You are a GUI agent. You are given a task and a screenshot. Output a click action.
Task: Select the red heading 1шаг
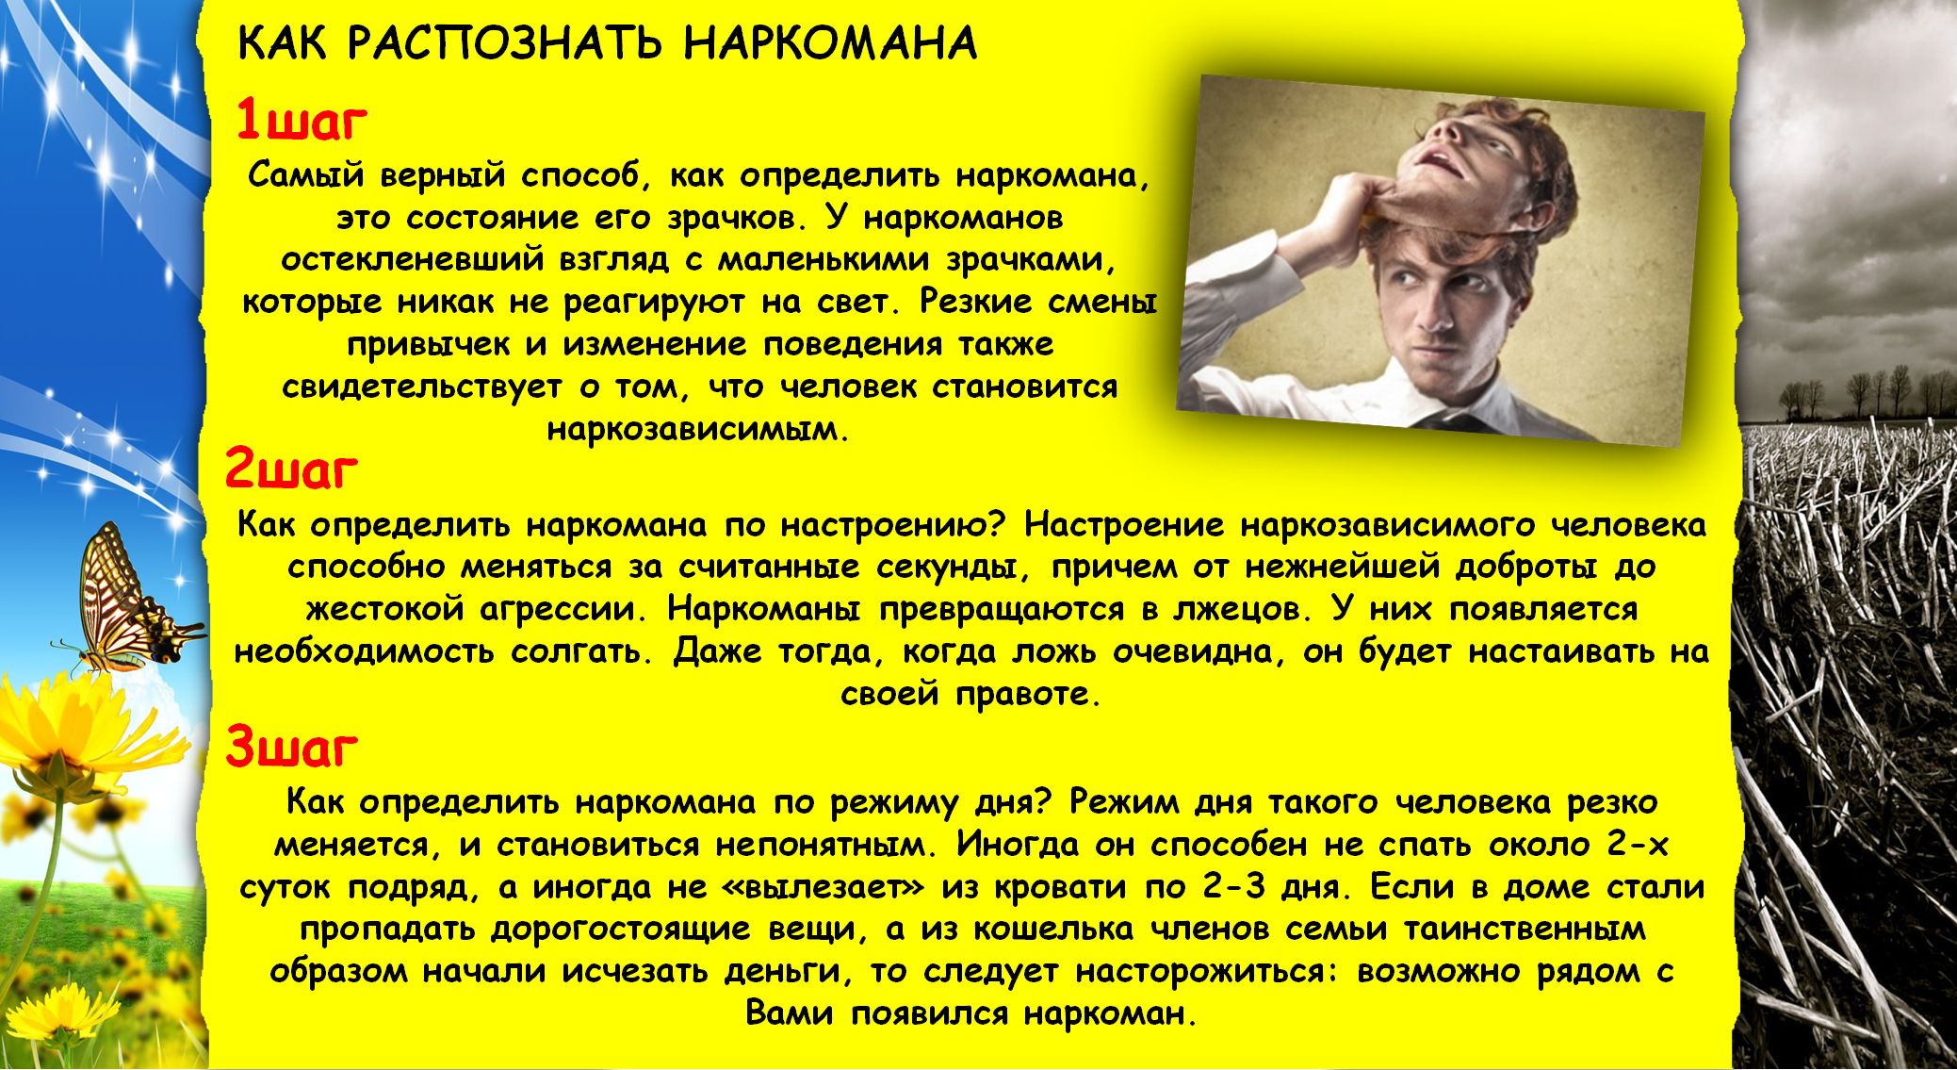301,120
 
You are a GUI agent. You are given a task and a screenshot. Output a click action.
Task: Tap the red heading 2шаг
292,469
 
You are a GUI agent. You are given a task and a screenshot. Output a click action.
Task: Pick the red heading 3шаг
292,748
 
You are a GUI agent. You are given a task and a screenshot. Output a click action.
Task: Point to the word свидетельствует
421,387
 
